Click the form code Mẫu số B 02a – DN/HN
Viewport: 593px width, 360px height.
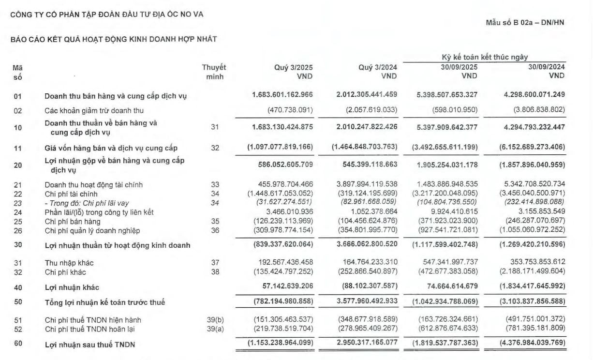(x=525, y=22)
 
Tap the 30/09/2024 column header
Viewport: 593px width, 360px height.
(x=547, y=67)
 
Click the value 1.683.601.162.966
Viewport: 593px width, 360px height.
(x=282, y=95)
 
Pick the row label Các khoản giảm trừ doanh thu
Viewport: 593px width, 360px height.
(x=94, y=111)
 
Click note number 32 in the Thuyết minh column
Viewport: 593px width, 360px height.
(x=215, y=148)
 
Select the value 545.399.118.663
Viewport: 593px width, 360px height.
(x=367, y=165)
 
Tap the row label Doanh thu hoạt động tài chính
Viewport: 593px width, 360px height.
(x=93, y=185)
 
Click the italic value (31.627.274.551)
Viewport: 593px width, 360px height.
(x=283, y=203)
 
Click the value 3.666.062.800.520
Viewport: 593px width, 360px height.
(x=367, y=245)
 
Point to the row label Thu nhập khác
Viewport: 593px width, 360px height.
(x=69, y=263)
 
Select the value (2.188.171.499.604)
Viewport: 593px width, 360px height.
(x=532, y=271)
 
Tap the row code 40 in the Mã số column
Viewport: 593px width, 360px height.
(x=18, y=287)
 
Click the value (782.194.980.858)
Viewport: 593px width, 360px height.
(x=283, y=302)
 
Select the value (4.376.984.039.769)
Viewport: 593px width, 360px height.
(x=532, y=344)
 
